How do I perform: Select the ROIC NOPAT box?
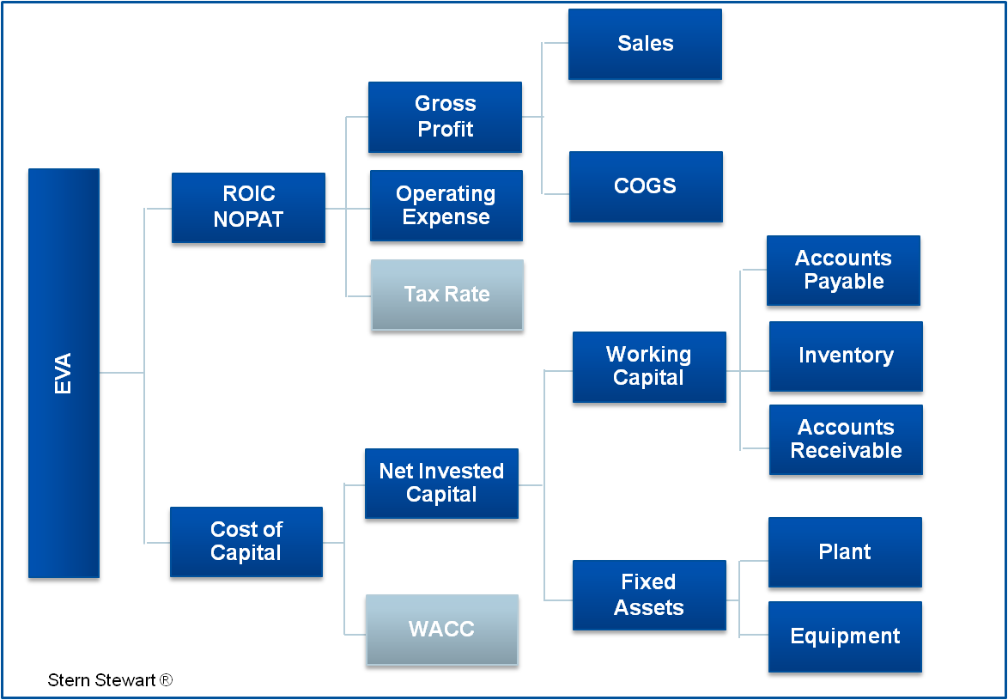(x=248, y=208)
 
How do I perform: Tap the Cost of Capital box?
(x=246, y=542)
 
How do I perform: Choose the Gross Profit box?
(x=445, y=118)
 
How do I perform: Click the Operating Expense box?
(x=446, y=206)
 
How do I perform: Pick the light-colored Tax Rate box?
(x=446, y=295)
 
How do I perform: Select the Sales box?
(x=645, y=45)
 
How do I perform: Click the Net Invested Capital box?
(x=441, y=483)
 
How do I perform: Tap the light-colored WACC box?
(x=441, y=630)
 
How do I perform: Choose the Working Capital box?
(x=648, y=367)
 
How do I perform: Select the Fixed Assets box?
(x=648, y=595)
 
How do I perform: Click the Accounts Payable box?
(x=843, y=271)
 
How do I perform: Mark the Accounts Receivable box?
(x=846, y=440)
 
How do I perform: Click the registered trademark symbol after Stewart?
(x=166, y=680)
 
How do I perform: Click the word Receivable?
(x=846, y=451)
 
